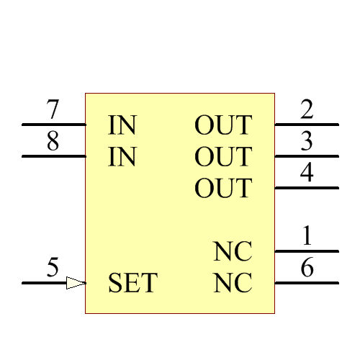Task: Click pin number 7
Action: point(53,111)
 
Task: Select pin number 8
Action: point(53,142)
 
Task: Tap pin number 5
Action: point(53,268)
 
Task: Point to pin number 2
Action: point(307,111)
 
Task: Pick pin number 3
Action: point(307,142)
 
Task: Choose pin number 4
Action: point(307,174)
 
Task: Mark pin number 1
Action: point(307,236)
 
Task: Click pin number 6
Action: point(307,268)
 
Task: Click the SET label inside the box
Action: point(132,283)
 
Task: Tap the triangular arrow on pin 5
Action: point(76,283)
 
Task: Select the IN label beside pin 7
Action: point(122,125)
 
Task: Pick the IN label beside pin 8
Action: point(122,157)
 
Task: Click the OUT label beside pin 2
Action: point(223,125)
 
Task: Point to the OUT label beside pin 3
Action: point(223,157)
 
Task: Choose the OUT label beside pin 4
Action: point(223,189)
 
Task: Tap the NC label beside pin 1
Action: point(233,252)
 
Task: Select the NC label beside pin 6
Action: point(233,283)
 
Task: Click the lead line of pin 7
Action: point(54,125)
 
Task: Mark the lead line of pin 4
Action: point(307,188)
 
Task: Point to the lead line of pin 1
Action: point(307,251)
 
